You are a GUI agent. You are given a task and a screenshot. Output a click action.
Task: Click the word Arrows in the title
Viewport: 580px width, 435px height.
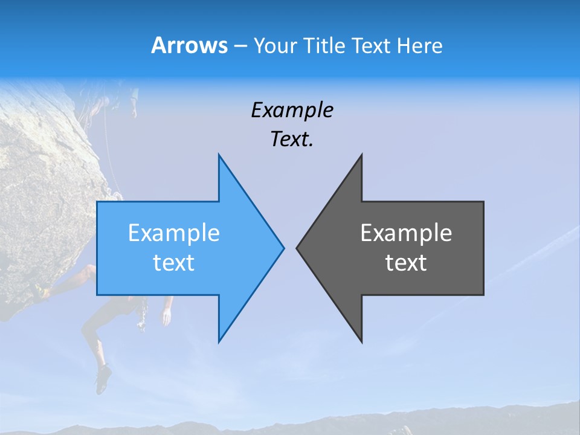(x=190, y=45)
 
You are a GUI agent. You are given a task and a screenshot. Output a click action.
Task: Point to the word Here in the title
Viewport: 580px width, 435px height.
(x=420, y=46)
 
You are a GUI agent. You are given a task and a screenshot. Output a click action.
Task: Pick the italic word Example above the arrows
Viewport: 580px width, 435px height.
(x=292, y=110)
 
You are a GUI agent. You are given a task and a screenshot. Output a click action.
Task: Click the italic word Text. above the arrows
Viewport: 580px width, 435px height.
(x=292, y=140)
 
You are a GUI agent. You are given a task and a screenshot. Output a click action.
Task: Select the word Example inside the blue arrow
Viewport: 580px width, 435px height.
(x=174, y=233)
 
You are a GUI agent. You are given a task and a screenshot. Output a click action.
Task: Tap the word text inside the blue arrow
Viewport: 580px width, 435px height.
(x=174, y=263)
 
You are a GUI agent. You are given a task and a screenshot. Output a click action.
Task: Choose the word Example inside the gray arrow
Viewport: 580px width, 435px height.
(x=406, y=233)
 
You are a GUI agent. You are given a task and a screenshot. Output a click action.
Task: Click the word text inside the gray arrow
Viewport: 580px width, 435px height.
(x=406, y=263)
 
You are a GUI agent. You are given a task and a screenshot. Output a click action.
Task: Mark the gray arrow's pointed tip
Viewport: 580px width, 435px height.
(x=297, y=248)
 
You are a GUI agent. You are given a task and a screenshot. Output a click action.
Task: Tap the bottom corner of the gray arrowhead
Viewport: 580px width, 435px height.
(x=361, y=341)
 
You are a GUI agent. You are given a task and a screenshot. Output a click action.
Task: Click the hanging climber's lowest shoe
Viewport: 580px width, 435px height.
(x=103, y=379)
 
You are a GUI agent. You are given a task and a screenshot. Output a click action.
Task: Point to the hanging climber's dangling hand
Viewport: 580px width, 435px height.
(x=166, y=315)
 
